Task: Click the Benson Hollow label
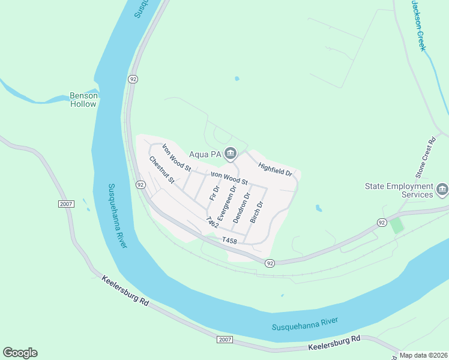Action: coord(83,100)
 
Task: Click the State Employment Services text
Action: coord(399,190)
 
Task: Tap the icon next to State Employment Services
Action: coord(442,190)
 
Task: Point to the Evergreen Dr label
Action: coord(224,204)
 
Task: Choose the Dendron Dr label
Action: coord(241,208)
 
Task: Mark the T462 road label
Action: coord(211,222)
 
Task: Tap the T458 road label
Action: coord(230,240)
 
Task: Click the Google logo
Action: coord(20,353)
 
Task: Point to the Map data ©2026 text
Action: coord(423,355)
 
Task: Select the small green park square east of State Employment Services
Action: coord(396,226)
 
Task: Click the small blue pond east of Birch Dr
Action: coord(318,209)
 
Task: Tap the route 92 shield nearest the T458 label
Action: coord(270,263)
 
